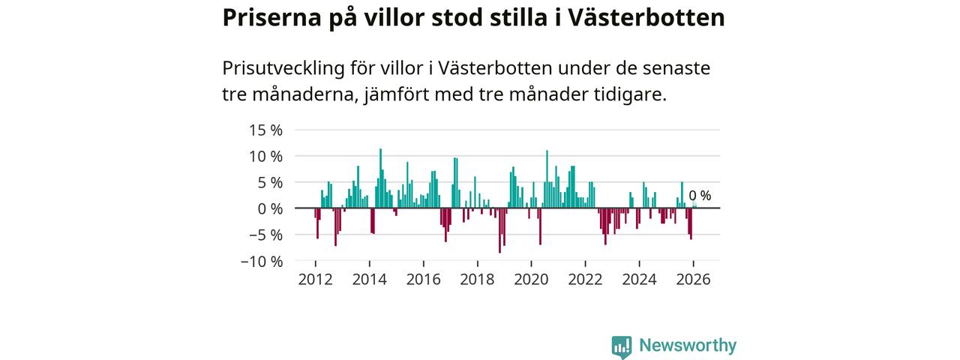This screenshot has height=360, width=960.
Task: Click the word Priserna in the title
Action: pos(271,19)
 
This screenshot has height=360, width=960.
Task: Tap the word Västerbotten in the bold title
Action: pos(646,18)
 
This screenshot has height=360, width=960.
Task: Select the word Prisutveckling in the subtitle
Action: pos(283,69)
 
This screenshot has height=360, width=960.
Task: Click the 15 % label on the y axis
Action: pos(265,130)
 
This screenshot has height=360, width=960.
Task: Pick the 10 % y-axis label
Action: pos(265,157)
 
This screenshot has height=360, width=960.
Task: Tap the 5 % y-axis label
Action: pos(270,183)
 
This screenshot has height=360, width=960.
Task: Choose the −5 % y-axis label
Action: pos(265,235)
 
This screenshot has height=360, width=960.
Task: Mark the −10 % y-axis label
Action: pos(262,262)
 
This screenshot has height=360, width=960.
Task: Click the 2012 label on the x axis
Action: pos(316,280)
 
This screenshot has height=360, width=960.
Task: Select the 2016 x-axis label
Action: pos(424,280)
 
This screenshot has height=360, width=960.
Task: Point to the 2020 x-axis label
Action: pos(532,280)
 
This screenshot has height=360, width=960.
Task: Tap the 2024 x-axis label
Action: pos(640,280)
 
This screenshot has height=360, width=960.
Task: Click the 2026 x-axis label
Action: pos(694,280)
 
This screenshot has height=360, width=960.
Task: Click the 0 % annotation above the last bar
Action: pos(700,196)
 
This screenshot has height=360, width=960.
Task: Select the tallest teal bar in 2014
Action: pos(380,178)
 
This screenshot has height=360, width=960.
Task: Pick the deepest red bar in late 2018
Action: pos(499,230)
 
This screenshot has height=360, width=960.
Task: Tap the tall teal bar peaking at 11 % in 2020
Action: pos(547,179)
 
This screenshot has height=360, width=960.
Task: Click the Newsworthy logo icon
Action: pos(622,347)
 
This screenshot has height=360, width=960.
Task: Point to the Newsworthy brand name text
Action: pos(688,346)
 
